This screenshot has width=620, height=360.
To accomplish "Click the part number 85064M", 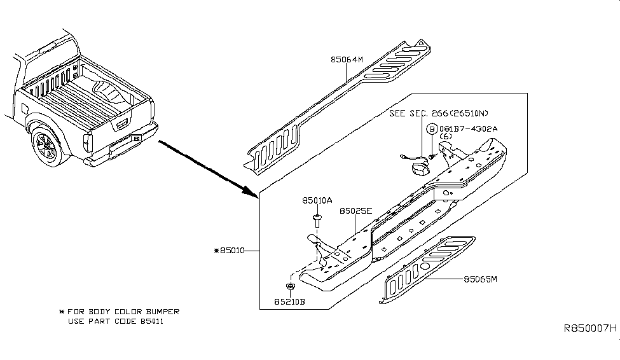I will pyautogui.click(x=346, y=60).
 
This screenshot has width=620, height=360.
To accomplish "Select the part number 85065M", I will pyautogui.click(x=479, y=279).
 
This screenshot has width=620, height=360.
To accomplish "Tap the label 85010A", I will pyautogui.click(x=317, y=200).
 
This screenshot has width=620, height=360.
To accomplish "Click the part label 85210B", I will pyautogui.click(x=289, y=301).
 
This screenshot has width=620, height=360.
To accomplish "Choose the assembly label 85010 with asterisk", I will pyautogui.click(x=233, y=251).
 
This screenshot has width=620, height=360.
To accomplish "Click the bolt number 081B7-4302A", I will pyautogui.click(x=468, y=128).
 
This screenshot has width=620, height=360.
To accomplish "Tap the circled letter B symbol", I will pyautogui.click(x=432, y=129).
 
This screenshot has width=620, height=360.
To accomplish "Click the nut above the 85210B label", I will pyautogui.click(x=290, y=287).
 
